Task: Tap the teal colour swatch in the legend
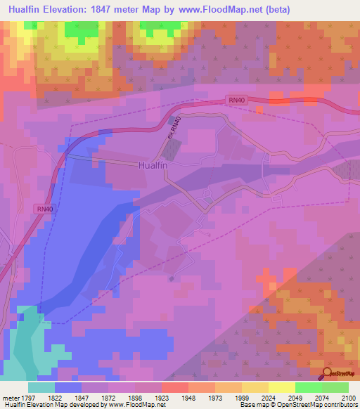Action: point(41,387)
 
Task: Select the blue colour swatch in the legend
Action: point(68,387)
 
